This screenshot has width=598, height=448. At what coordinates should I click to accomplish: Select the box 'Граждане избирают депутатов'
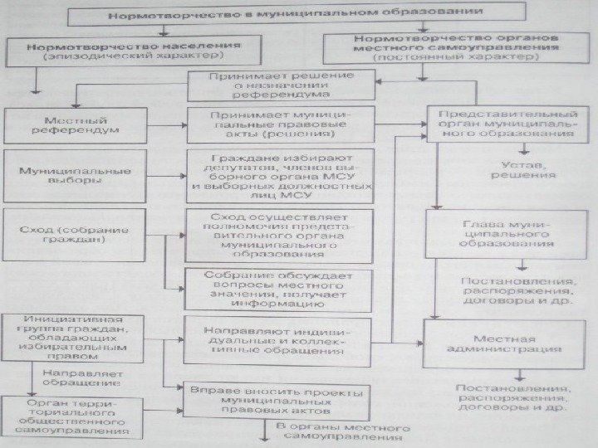click(280, 177)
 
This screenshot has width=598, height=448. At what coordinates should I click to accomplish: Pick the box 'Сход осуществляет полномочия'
click(277, 235)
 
